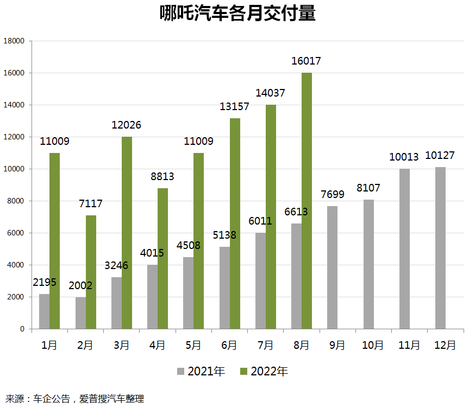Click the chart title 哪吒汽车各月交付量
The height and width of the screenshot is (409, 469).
[x=237, y=14]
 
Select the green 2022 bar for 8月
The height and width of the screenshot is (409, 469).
[x=307, y=201]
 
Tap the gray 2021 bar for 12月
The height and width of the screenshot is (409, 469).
[x=440, y=248]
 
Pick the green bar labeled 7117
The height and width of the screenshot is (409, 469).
[x=91, y=272]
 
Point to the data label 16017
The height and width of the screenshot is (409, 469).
[x=306, y=61]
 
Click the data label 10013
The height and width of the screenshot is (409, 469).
[x=404, y=157]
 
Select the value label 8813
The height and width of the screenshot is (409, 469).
[x=162, y=176]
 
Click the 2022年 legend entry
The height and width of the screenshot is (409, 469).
[x=264, y=372]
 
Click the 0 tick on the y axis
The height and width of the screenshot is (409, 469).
[x=22, y=329]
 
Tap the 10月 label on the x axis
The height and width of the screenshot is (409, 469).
[x=373, y=346]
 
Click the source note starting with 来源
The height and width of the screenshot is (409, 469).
[x=74, y=399]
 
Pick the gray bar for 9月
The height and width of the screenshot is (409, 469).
[x=332, y=267]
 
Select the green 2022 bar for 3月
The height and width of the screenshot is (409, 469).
[x=127, y=233]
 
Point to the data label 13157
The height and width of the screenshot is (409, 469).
[x=234, y=106]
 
